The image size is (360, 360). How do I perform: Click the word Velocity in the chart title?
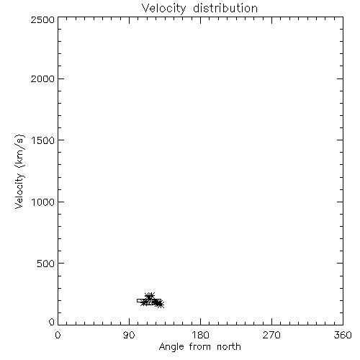tap(163, 9)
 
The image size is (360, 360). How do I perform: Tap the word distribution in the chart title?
tap(225, 8)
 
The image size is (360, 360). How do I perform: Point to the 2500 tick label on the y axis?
tap(42, 19)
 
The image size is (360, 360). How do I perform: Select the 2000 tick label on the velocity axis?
tap(42, 78)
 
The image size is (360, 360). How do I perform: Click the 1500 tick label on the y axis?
tap(43, 140)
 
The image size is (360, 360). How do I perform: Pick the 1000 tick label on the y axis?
tap(43, 202)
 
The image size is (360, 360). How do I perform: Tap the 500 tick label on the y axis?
tap(46, 264)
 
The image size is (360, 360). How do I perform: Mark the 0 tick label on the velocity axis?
tap(52, 322)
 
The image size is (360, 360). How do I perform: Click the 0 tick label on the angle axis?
tap(58, 335)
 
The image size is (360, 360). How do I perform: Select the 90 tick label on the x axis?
tap(129, 335)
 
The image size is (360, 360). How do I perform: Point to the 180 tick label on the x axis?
tap(200, 335)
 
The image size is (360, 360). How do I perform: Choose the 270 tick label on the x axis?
tap(271, 335)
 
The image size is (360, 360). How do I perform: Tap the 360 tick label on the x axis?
tap(343, 335)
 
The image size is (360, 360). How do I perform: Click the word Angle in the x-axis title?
tap(171, 347)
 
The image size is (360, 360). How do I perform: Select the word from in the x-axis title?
tap(201, 347)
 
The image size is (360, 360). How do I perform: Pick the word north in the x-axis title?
tap(229, 347)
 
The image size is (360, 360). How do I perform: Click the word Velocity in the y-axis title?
tap(19, 191)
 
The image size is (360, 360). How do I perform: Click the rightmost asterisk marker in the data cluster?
tap(161, 305)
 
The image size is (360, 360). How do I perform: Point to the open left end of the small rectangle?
tap(137, 300)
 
